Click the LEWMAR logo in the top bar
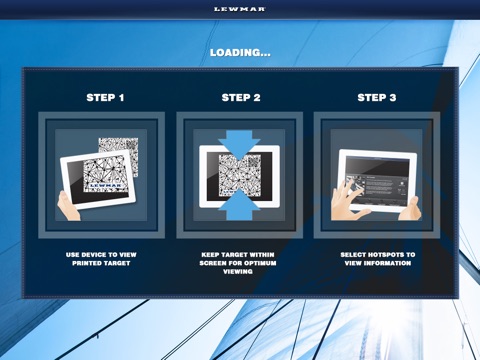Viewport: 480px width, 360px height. [240, 9]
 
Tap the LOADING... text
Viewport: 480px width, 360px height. [240, 52]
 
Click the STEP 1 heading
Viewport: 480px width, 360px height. [105, 97]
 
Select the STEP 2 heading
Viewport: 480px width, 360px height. [241, 97]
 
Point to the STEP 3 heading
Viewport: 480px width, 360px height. [377, 97]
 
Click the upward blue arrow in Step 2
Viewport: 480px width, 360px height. [239, 204]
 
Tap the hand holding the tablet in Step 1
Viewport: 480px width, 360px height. [68, 206]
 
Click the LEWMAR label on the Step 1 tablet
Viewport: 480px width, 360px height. [103, 185]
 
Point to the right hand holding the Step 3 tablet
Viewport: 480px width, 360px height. [410, 209]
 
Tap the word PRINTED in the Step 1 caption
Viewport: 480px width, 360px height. [85, 263]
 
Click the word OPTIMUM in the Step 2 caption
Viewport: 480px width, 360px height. [260, 263]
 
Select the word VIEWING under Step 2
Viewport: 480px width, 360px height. [238, 271]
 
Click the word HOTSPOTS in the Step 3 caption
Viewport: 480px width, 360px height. [382, 255]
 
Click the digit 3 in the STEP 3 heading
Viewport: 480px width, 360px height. [393, 97]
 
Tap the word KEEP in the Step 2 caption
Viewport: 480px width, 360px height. [210, 255]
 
